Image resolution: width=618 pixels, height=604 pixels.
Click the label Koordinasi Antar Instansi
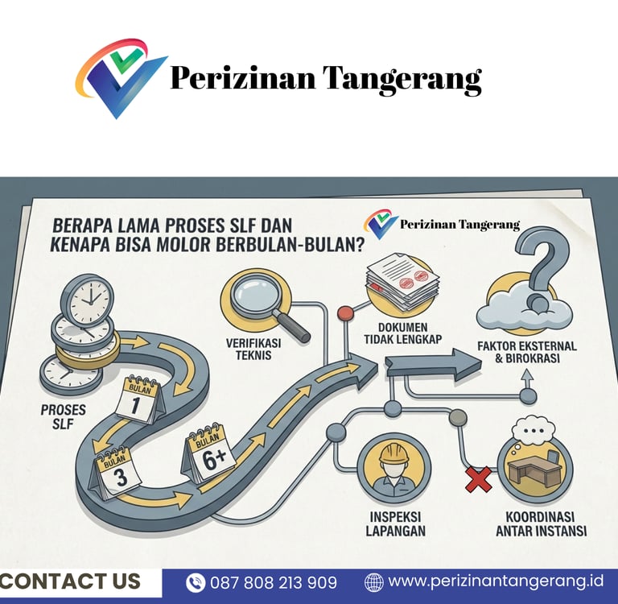[x=541, y=523]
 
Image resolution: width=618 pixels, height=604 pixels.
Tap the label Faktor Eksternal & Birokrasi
[x=527, y=352]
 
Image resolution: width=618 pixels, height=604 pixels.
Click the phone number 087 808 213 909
[x=274, y=582]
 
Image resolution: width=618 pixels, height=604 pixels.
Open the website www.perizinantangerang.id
[x=496, y=581]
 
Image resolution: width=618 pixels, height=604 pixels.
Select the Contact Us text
[x=71, y=581]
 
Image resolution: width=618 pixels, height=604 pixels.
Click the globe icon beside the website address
[x=374, y=582]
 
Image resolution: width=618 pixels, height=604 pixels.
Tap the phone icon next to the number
[x=196, y=582]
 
